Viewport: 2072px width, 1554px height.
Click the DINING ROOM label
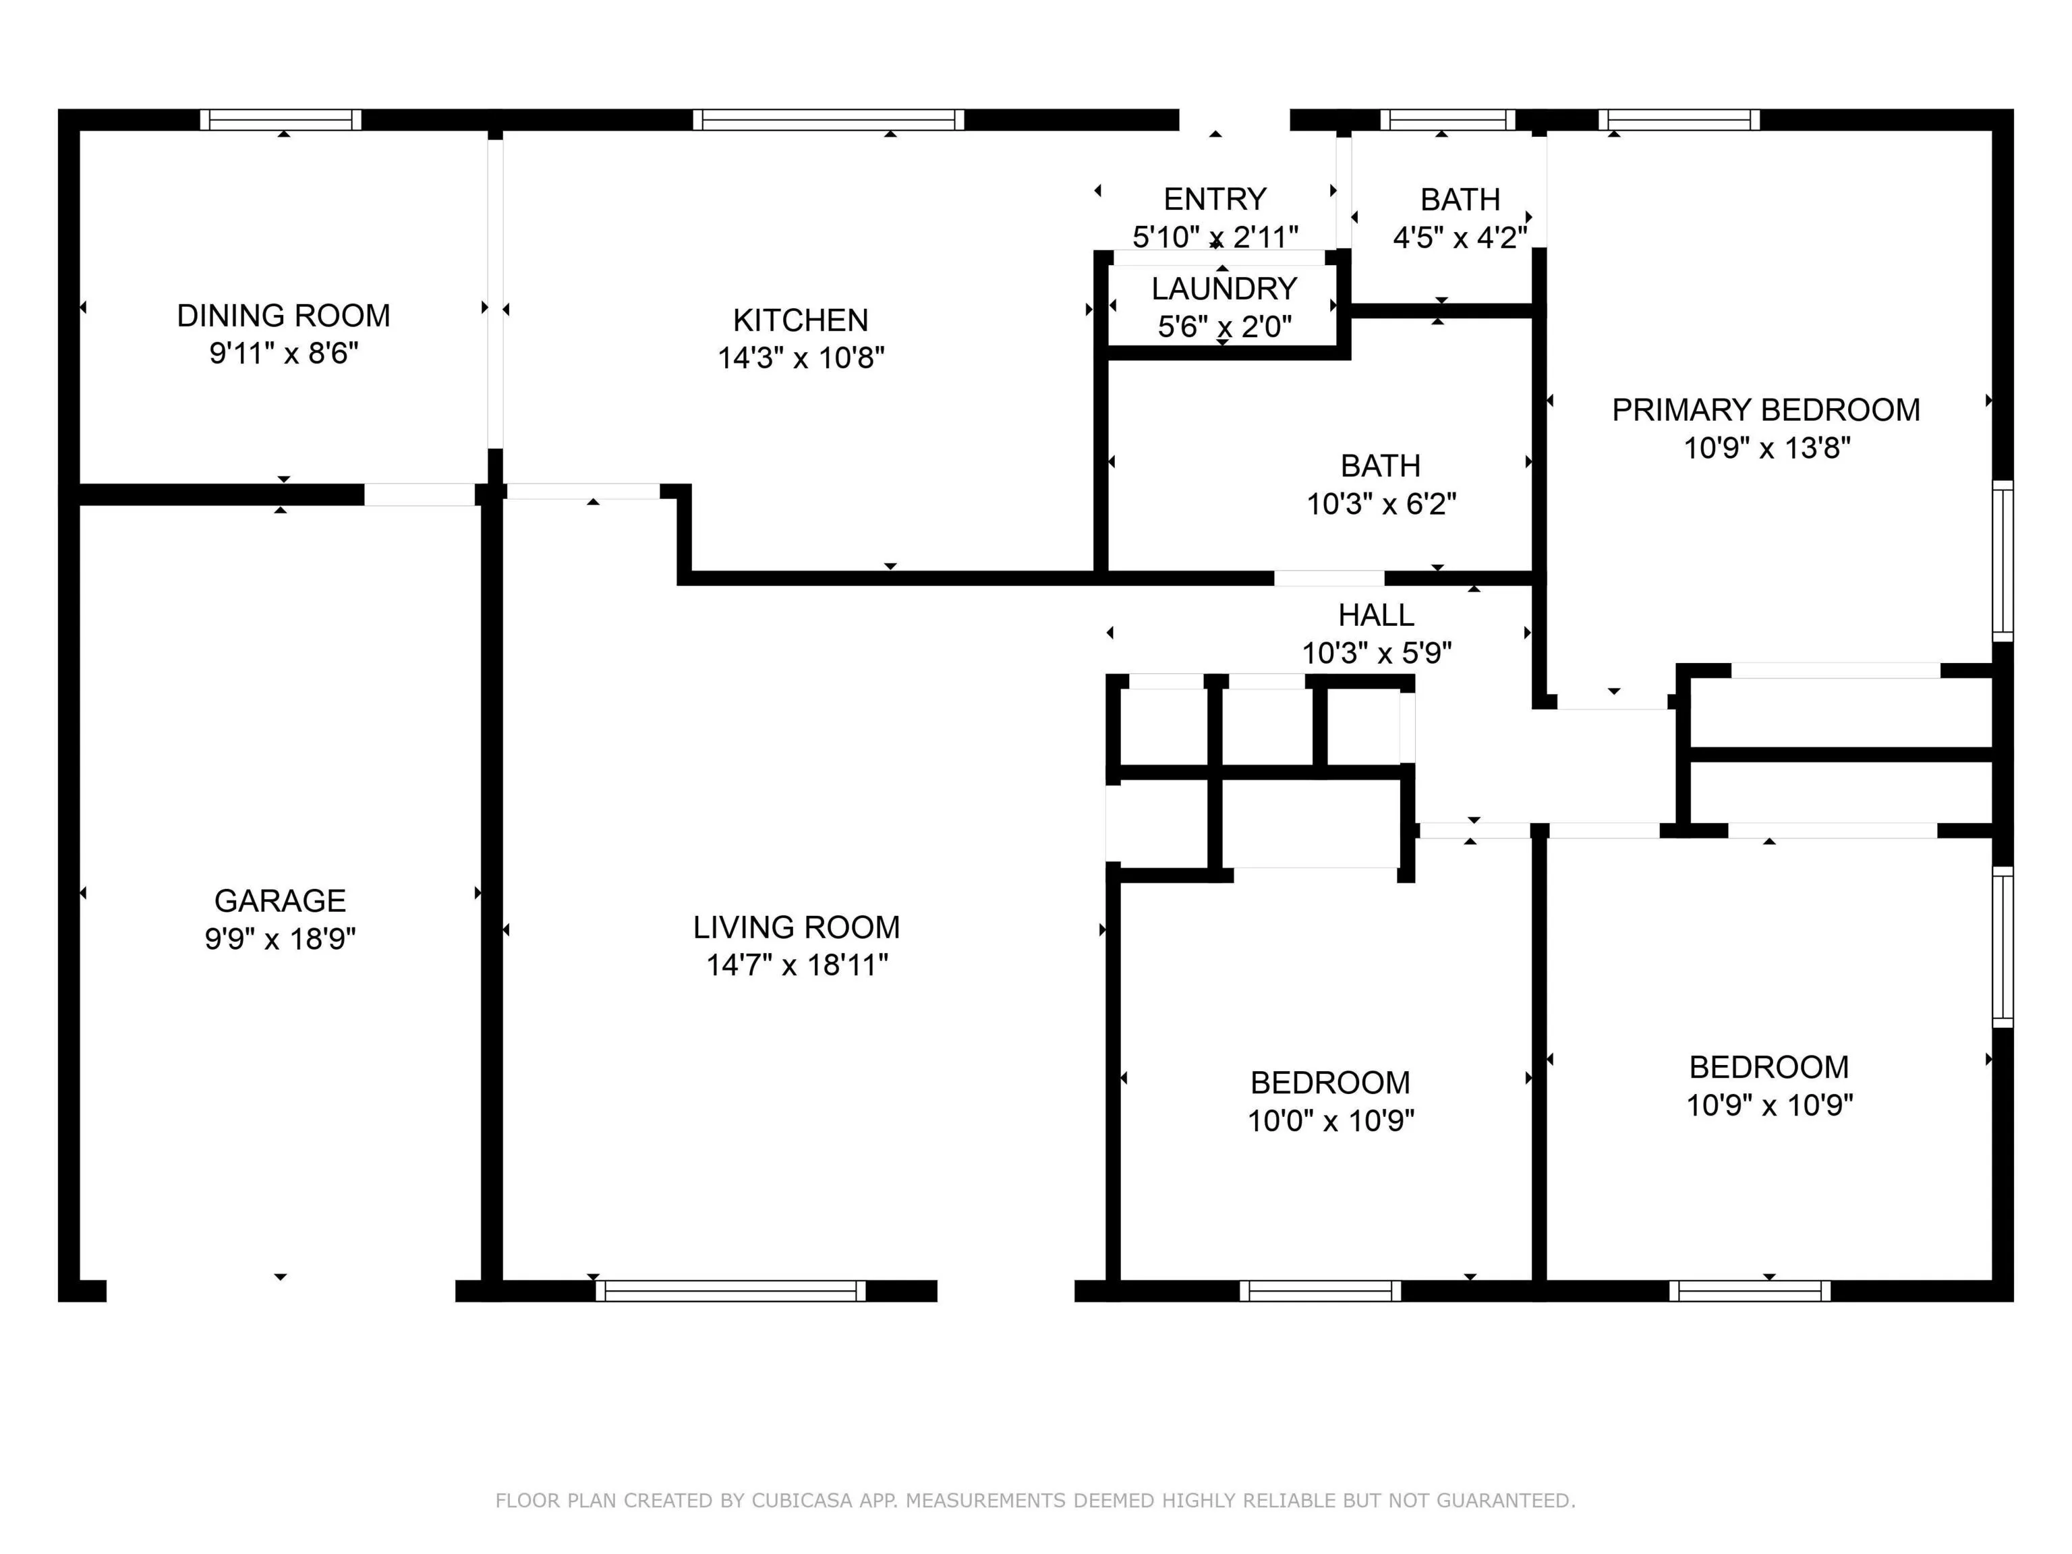point(284,316)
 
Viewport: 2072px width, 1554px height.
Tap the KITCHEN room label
point(801,320)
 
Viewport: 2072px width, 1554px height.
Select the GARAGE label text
point(280,900)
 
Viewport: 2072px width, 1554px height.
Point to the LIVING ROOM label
point(796,927)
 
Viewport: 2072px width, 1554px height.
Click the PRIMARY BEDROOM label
point(1766,410)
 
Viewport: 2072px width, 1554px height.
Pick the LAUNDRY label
point(1224,289)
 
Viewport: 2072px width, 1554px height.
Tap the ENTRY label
point(1215,200)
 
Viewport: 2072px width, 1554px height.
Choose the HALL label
point(1376,615)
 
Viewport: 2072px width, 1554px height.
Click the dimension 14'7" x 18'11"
point(797,965)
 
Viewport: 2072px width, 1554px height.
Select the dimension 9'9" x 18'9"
point(280,939)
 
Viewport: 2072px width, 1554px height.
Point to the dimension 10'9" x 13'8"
point(1766,448)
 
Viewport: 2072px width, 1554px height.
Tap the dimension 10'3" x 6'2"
point(1381,504)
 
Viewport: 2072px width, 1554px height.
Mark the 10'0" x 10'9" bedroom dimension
point(1330,1120)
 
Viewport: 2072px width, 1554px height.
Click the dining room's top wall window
point(281,120)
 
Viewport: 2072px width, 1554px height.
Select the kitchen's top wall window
point(829,120)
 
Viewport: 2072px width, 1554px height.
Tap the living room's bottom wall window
point(730,1291)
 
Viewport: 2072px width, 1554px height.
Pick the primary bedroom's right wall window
point(2002,561)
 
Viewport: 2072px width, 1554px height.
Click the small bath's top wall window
point(1447,120)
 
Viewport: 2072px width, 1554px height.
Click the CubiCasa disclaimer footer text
point(1035,1501)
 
